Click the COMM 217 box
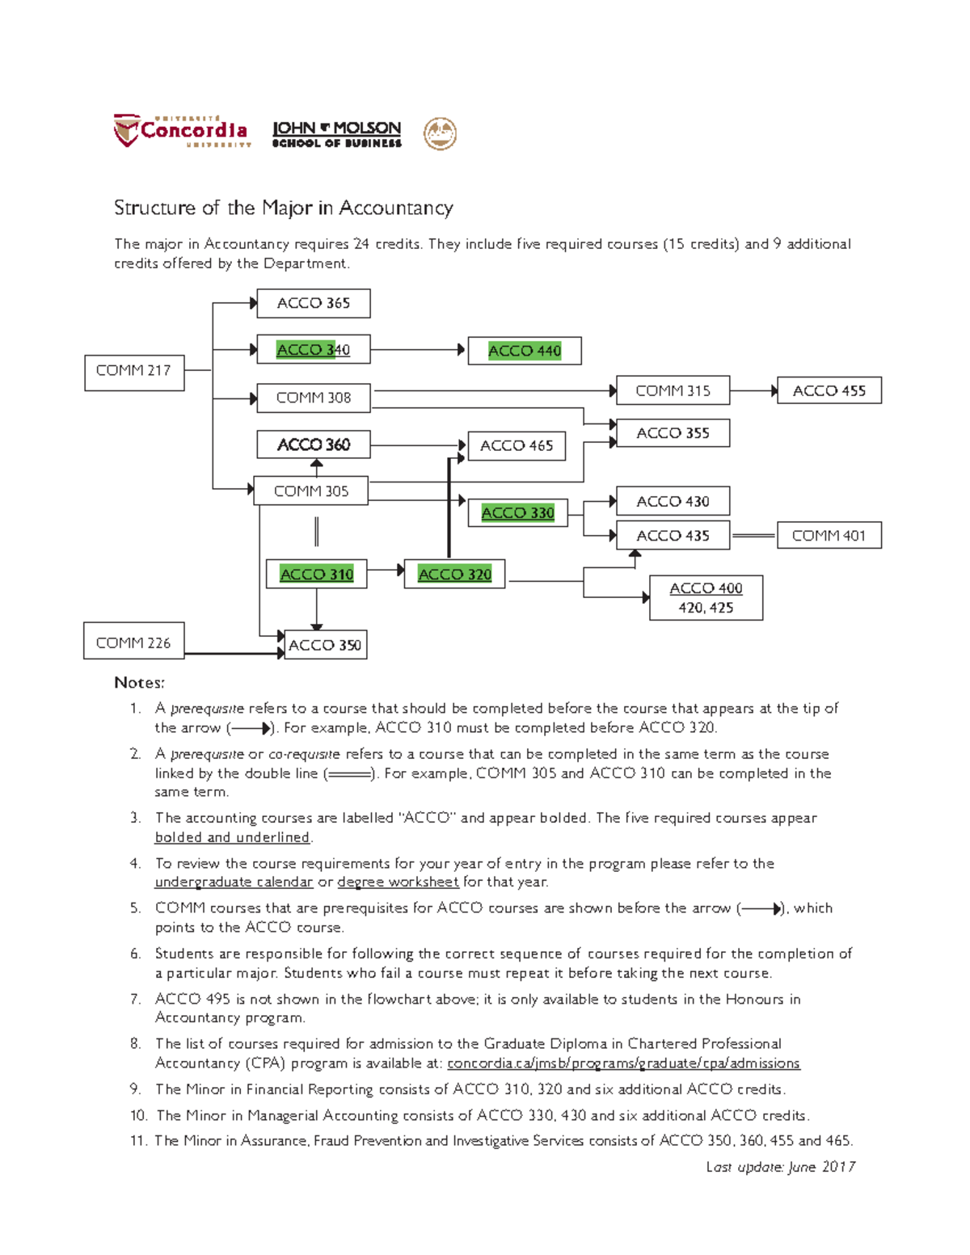134,373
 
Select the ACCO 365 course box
314,304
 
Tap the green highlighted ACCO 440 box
525,351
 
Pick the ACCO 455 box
829,390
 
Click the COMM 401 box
829,535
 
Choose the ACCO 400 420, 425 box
706,598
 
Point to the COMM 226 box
133,642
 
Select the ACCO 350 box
325,645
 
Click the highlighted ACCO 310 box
316,575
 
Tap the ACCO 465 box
517,446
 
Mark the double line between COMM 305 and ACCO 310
316,532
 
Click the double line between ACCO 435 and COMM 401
753,535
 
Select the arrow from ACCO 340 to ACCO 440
417,350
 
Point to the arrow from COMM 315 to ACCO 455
753,391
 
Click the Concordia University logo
182,131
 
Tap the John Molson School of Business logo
336,134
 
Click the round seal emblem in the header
441,133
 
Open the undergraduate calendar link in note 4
234,882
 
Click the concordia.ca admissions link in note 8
623,1063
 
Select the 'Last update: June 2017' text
780,1166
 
